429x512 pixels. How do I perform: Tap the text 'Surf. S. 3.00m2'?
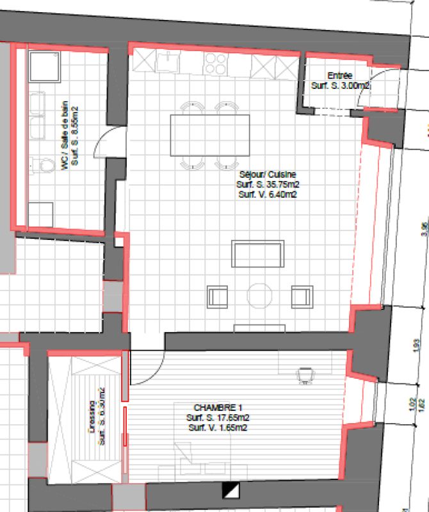pos(339,85)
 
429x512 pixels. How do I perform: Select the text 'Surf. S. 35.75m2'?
pos(268,184)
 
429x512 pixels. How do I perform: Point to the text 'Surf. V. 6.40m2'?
pos(268,193)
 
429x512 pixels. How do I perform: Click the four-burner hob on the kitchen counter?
pos(215,63)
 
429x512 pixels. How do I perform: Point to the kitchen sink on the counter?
pos(170,62)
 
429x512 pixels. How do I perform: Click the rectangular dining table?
pos(209,135)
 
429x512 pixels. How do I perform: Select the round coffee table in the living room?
pos(260,296)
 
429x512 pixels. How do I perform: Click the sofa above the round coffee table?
pos(257,254)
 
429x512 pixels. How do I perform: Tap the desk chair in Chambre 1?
pos(307,374)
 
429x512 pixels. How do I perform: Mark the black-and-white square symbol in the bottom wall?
pos(229,491)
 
